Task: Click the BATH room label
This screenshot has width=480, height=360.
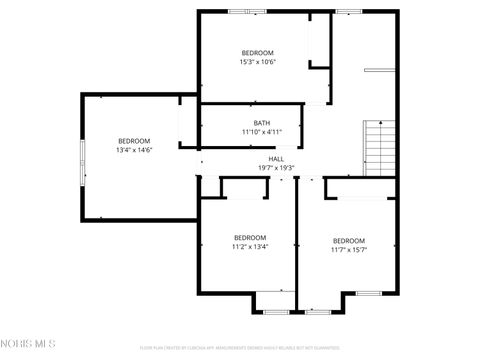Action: [x=261, y=123]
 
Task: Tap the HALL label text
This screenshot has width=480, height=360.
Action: [x=276, y=158]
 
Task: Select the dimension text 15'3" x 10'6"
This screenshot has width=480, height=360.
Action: [x=257, y=62]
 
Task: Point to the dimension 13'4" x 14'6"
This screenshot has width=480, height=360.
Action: [x=134, y=150]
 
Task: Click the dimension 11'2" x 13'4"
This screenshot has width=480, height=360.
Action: [x=250, y=246]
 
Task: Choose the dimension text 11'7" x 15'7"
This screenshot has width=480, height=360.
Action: [x=349, y=250]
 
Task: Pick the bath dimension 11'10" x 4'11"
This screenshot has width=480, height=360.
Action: [x=262, y=132]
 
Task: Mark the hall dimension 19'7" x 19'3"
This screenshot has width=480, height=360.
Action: [x=276, y=167]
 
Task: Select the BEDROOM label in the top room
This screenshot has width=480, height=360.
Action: [x=257, y=53]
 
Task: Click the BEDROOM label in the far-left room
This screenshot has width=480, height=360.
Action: [x=134, y=141]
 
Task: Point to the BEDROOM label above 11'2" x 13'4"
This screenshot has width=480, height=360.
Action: [x=250, y=237]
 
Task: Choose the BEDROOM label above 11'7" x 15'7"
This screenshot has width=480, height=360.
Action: [x=349, y=241]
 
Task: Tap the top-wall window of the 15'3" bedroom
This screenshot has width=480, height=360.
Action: [x=240, y=11]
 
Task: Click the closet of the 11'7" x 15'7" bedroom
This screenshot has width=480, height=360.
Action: [x=360, y=187]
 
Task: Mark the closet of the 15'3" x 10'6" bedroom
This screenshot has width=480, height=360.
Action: [x=319, y=40]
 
